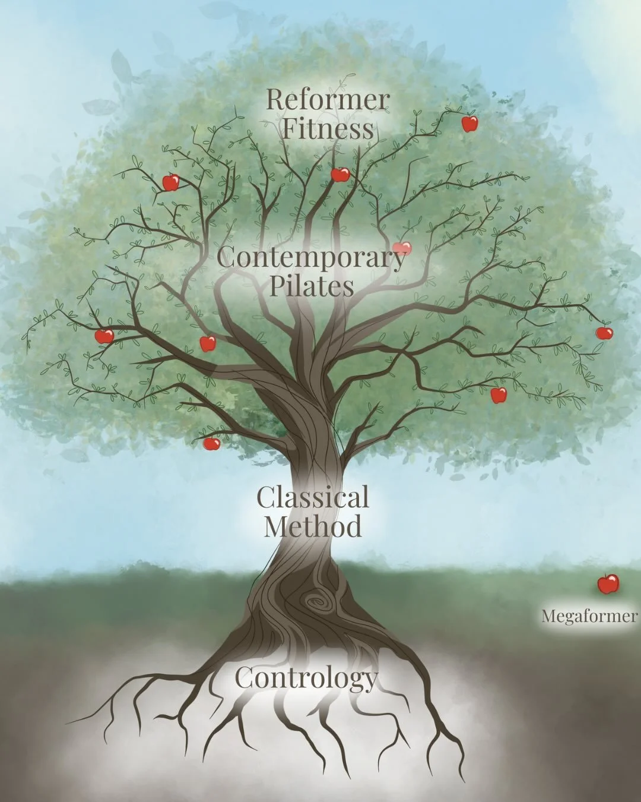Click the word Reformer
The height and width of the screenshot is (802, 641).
[327, 100]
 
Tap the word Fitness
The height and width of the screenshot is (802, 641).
[327, 129]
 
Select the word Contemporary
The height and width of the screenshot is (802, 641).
[312, 258]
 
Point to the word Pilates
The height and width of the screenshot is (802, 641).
[312, 286]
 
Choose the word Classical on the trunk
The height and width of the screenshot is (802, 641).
[313, 498]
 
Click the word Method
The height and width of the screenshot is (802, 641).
[313, 527]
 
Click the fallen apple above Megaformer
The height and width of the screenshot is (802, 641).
[608, 584]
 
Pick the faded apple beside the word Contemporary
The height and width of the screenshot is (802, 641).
[402, 248]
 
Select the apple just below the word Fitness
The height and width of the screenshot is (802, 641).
[340, 174]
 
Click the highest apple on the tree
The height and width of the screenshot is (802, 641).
[469, 124]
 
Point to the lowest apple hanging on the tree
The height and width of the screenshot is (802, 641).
[211, 443]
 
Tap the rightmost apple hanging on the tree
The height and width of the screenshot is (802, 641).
[604, 333]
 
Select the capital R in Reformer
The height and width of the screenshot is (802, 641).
[274, 100]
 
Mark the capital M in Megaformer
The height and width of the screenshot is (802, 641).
[547, 616]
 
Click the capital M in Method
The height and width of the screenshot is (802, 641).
[274, 527]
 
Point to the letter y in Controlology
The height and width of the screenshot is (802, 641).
[370, 681]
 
